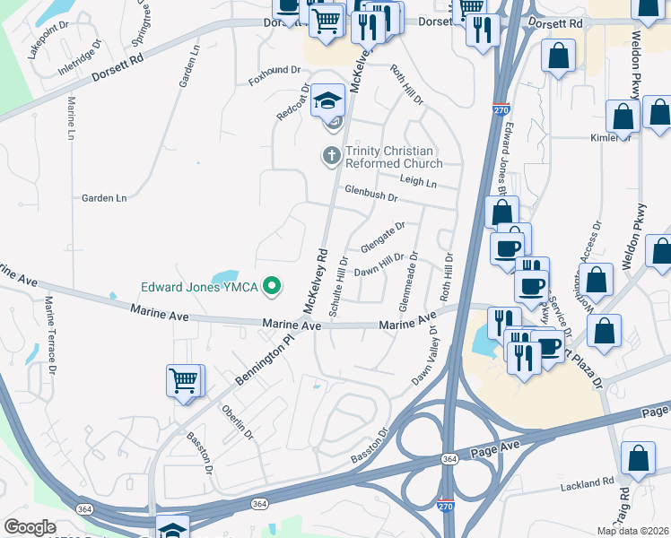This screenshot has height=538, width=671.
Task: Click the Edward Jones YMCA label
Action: (x=198, y=288)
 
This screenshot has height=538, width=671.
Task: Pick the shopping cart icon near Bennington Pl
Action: (x=184, y=380)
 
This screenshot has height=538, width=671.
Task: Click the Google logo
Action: (x=30, y=527)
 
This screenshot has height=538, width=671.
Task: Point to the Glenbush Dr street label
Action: (x=370, y=194)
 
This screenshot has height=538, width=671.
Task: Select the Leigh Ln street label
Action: (x=419, y=182)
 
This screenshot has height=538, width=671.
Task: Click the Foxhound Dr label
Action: (x=274, y=70)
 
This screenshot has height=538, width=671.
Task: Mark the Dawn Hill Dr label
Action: (x=379, y=265)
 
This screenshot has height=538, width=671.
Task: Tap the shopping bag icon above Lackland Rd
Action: (x=638, y=457)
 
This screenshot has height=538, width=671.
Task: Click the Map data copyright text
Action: (x=632, y=531)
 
